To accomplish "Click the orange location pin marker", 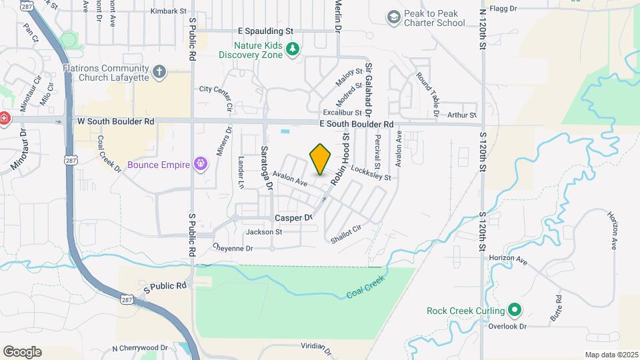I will click(321, 159).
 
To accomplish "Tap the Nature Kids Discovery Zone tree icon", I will click(292, 49).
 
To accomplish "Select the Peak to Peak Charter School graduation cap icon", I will click(393, 17).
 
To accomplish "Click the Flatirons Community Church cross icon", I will click(159, 71).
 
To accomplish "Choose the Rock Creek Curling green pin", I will click(514, 311).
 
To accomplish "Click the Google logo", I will click(22, 352).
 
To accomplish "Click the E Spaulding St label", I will click(265, 31).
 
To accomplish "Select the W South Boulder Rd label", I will click(116, 122).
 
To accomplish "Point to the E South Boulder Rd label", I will click(357, 125).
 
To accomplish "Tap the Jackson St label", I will click(264, 232).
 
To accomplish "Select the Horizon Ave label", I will click(508, 258).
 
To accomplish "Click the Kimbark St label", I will click(167, 11).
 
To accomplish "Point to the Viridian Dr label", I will click(316, 348).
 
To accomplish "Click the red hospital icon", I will click(4, 119).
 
